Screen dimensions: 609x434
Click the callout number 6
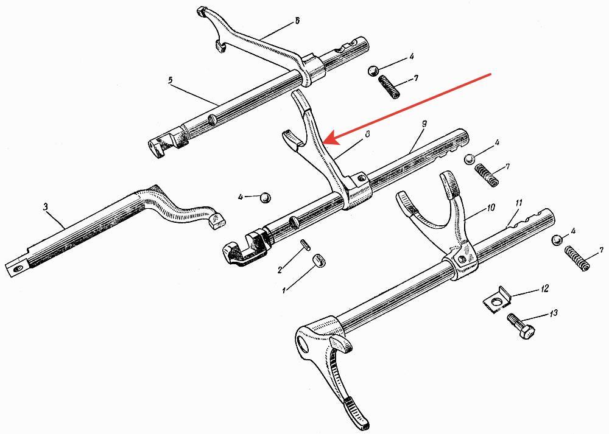pos(297,21)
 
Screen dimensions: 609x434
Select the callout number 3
pos(45,207)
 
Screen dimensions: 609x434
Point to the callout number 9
pos(424,124)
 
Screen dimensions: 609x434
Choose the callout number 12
pos(544,287)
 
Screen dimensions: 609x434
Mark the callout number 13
pos(553,314)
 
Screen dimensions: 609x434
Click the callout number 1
pos(283,290)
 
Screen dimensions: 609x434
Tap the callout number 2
pos(280,270)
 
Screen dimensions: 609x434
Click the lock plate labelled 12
pos(496,299)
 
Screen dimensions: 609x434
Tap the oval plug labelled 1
pos(316,260)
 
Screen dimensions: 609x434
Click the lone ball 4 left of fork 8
pos(264,197)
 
